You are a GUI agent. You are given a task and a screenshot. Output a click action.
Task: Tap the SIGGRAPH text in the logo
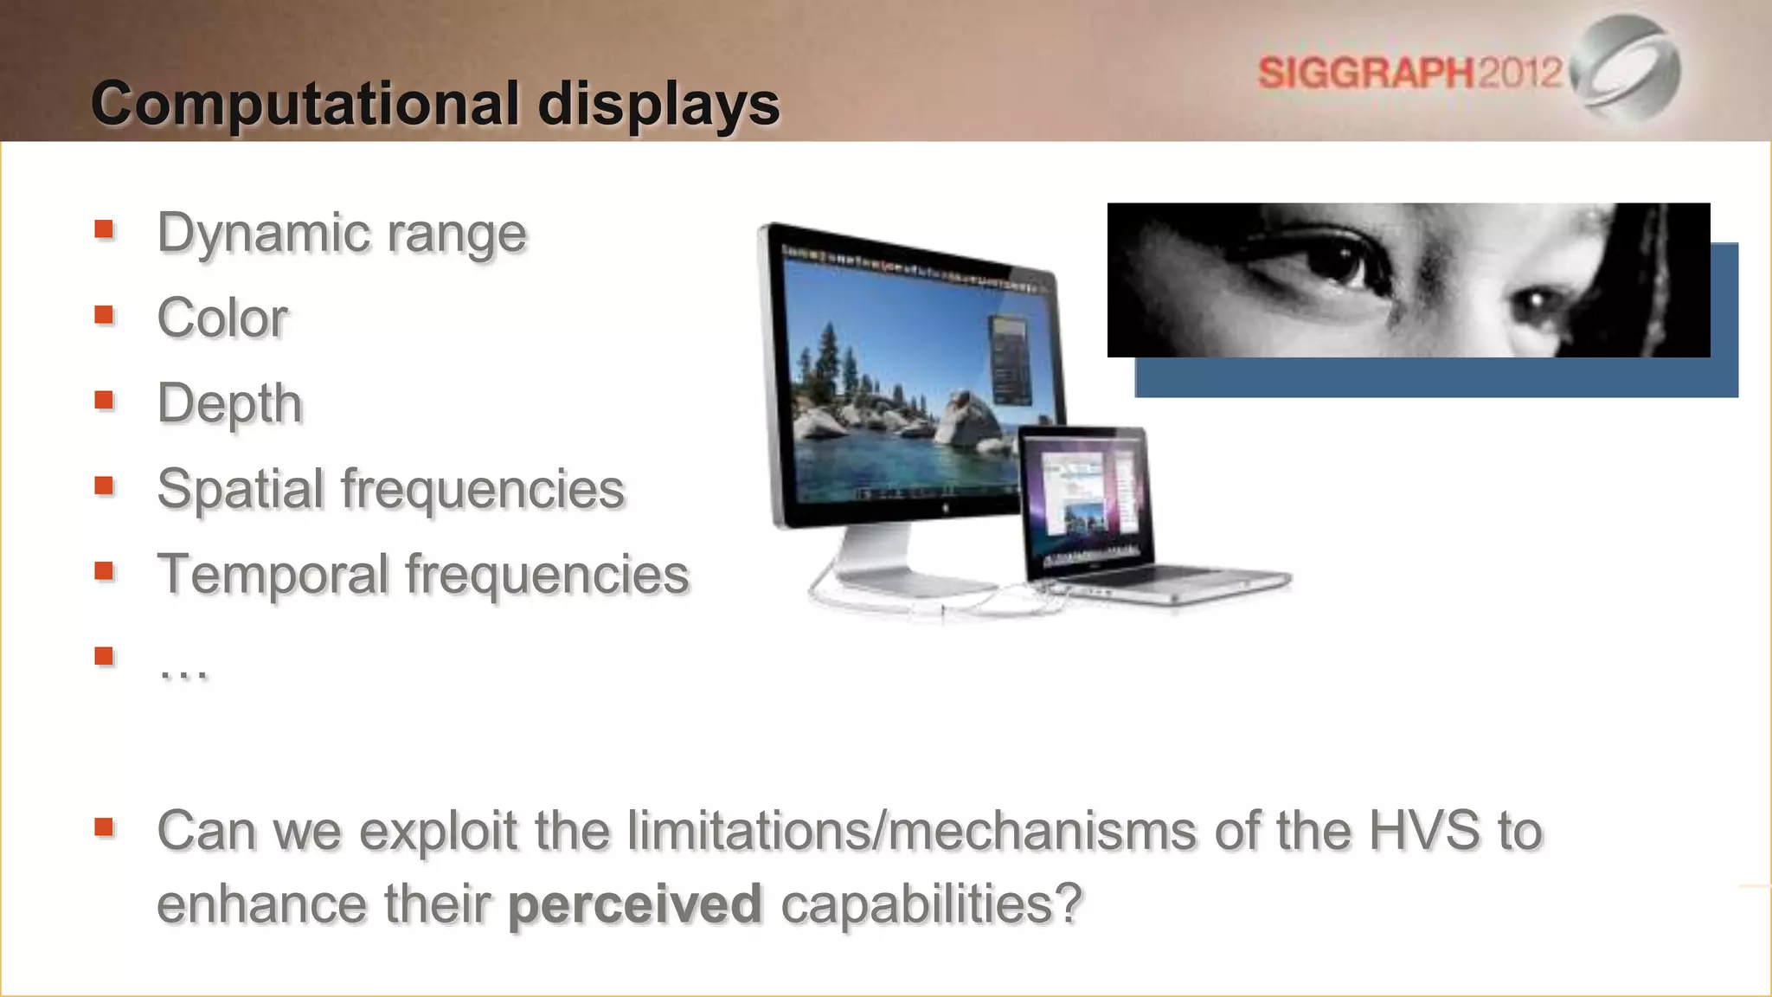click(x=1365, y=73)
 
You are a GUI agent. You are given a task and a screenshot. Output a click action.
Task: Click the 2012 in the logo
click(x=1519, y=72)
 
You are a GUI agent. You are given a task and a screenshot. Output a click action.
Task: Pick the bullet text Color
click(x=222, y=318)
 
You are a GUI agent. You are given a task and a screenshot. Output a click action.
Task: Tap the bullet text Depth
click(x=229, y=404)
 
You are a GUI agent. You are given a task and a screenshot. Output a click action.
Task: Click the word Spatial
click(x=240, y=489)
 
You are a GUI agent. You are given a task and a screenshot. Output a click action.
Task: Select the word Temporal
click(x=273, y=575)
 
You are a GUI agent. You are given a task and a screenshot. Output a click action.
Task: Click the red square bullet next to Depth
click(x=105, y=400)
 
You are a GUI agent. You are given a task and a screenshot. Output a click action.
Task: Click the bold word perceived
click(x=634, y=904)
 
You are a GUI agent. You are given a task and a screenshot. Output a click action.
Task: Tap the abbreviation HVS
click(x=1423, y=831)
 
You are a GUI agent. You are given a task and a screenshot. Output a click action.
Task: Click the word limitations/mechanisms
click(x=913, y=831)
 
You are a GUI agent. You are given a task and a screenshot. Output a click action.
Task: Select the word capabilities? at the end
click(x=931, y=904)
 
